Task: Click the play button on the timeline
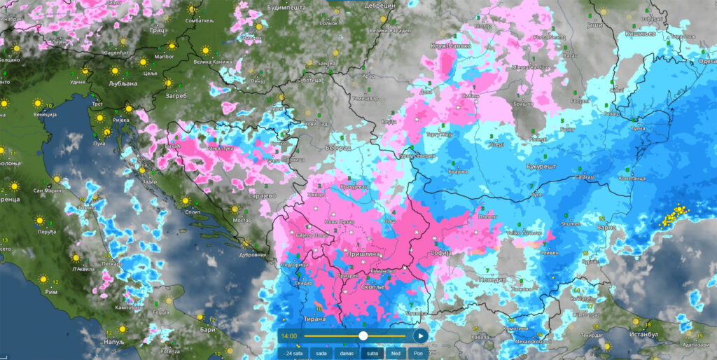coord(419,336)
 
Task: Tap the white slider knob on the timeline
coord(363,336)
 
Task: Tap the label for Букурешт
coord(541,167)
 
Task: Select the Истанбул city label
coord(651,335)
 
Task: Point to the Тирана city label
coord(315,319)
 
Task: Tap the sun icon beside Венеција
coord(38,104)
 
